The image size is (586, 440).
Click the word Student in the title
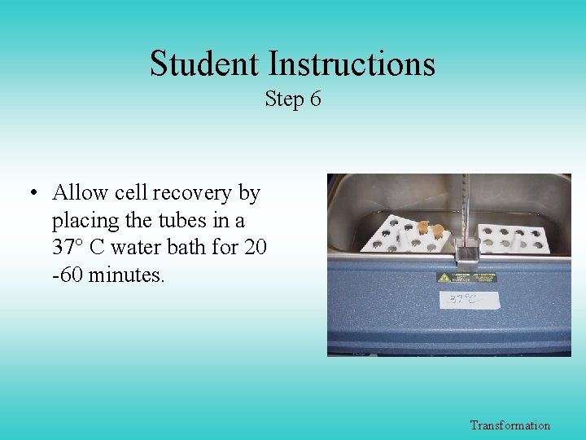tap(205, 64)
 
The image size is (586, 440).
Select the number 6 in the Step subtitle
tap(315, 99)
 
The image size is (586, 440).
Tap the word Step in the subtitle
tap(283, 100)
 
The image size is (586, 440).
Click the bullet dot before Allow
tap(33, 194)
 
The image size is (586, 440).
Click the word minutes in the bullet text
tap(126, 275)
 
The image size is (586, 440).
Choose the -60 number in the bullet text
tap(68, 275)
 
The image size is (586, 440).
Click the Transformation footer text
tap(510, 425)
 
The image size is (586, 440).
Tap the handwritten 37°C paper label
tap(461, 300)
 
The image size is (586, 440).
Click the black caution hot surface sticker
tap(466, 277)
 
